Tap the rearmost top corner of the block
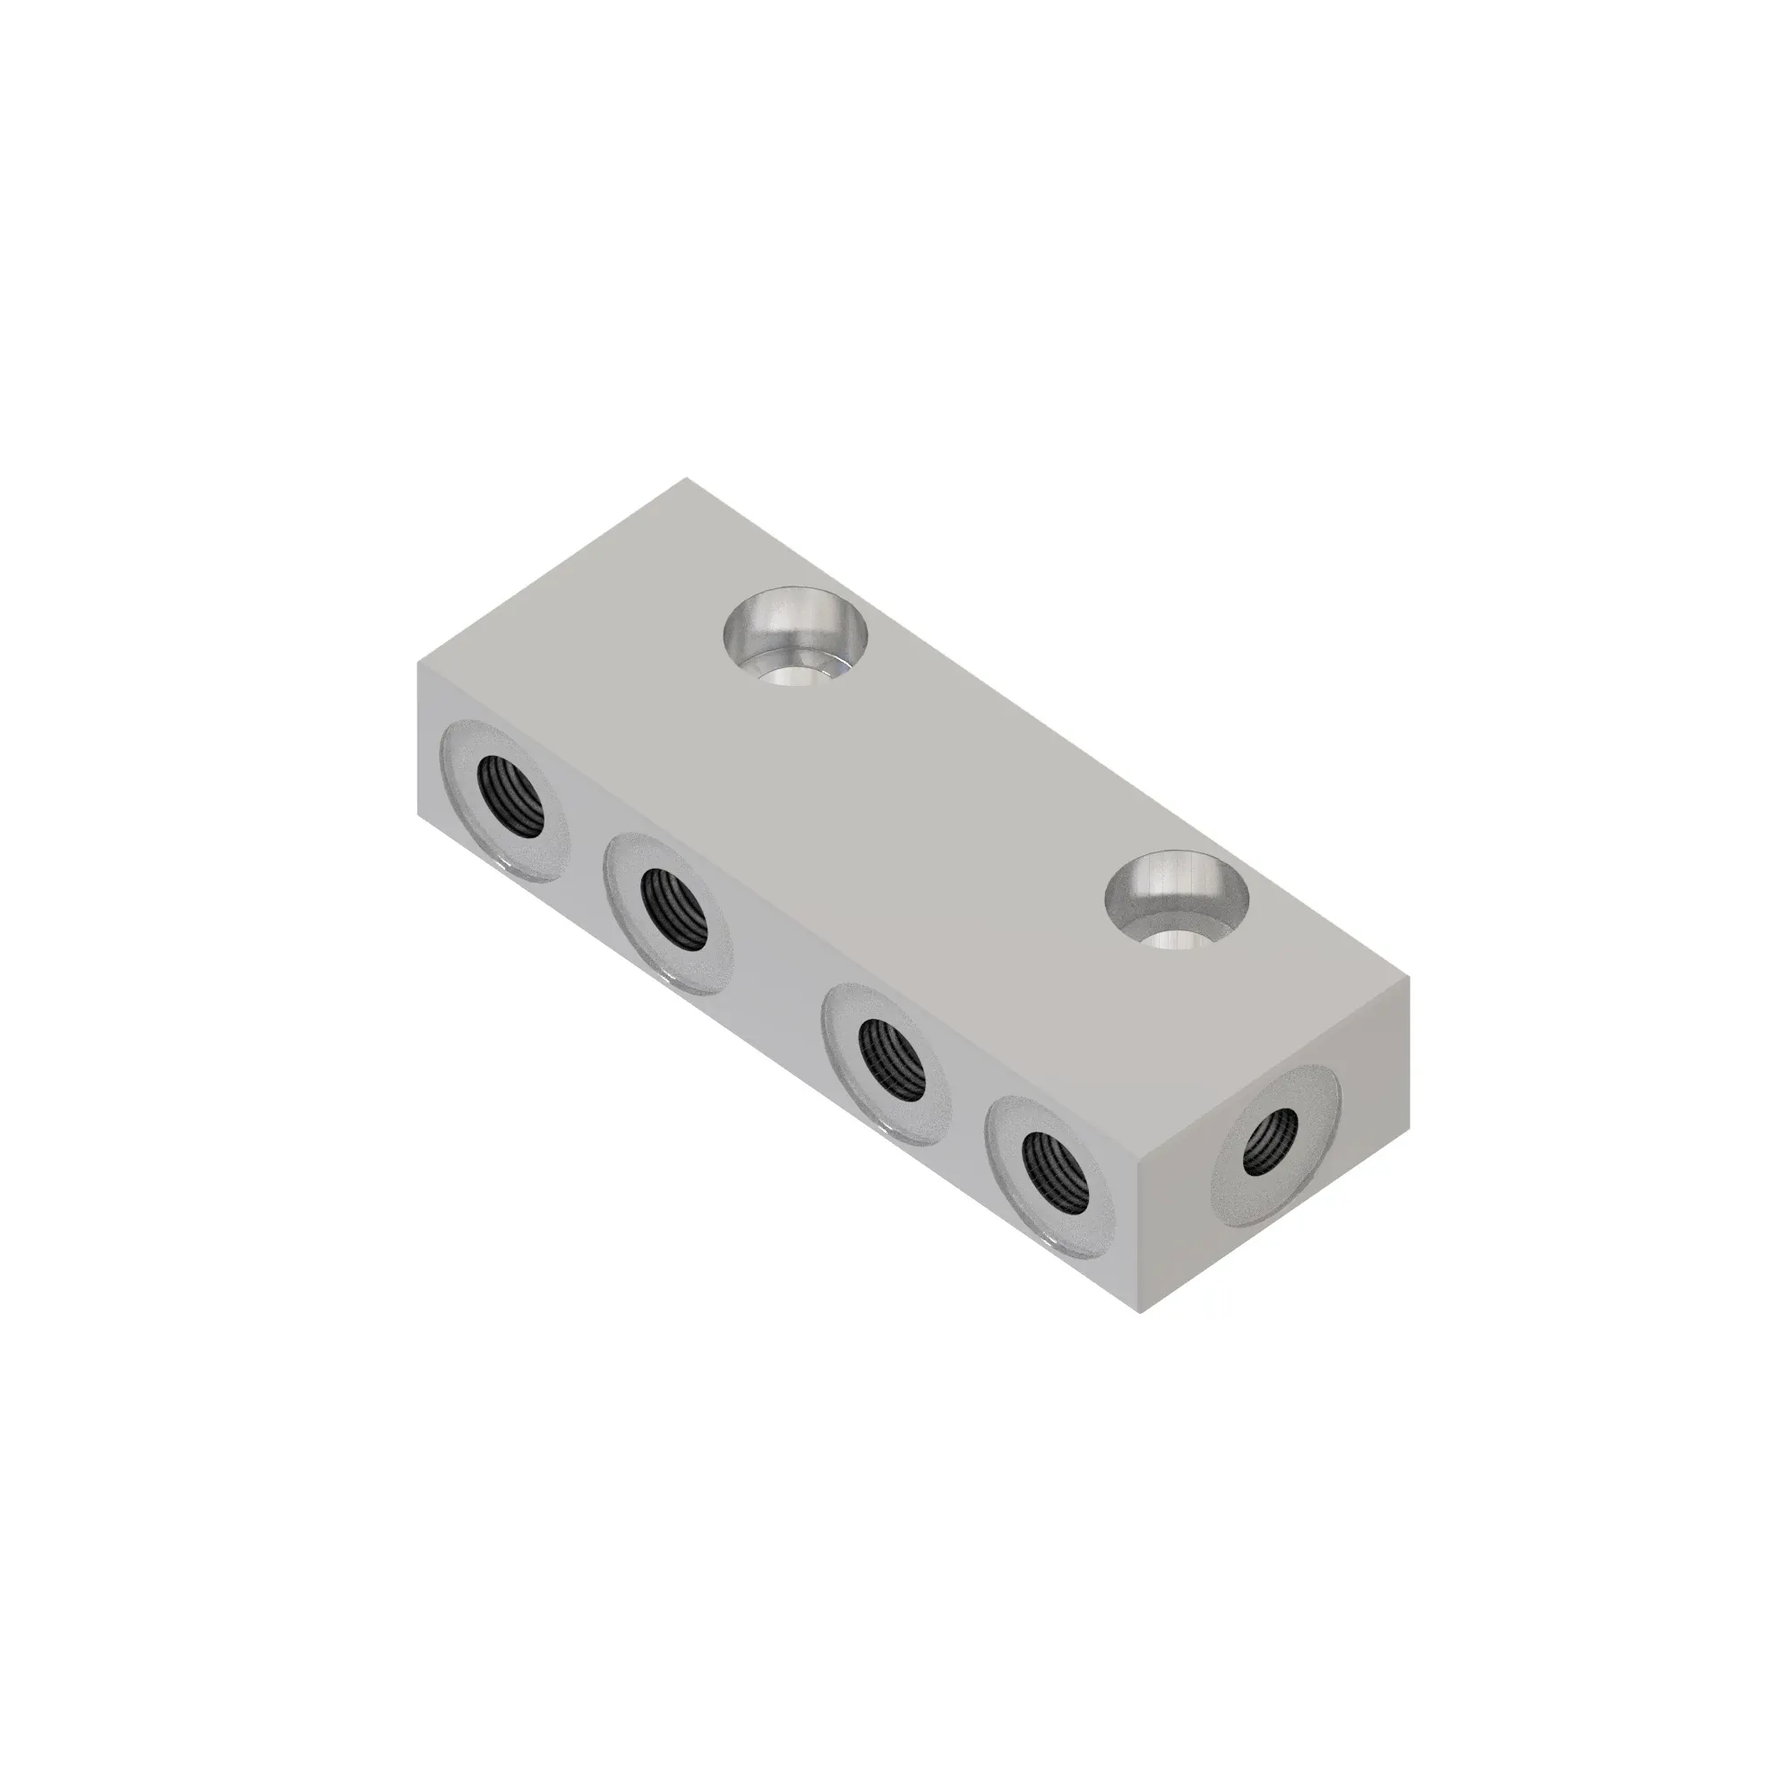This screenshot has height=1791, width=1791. click(x=687, y=478)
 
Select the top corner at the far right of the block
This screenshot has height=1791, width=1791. click(x=1409, y=977)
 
